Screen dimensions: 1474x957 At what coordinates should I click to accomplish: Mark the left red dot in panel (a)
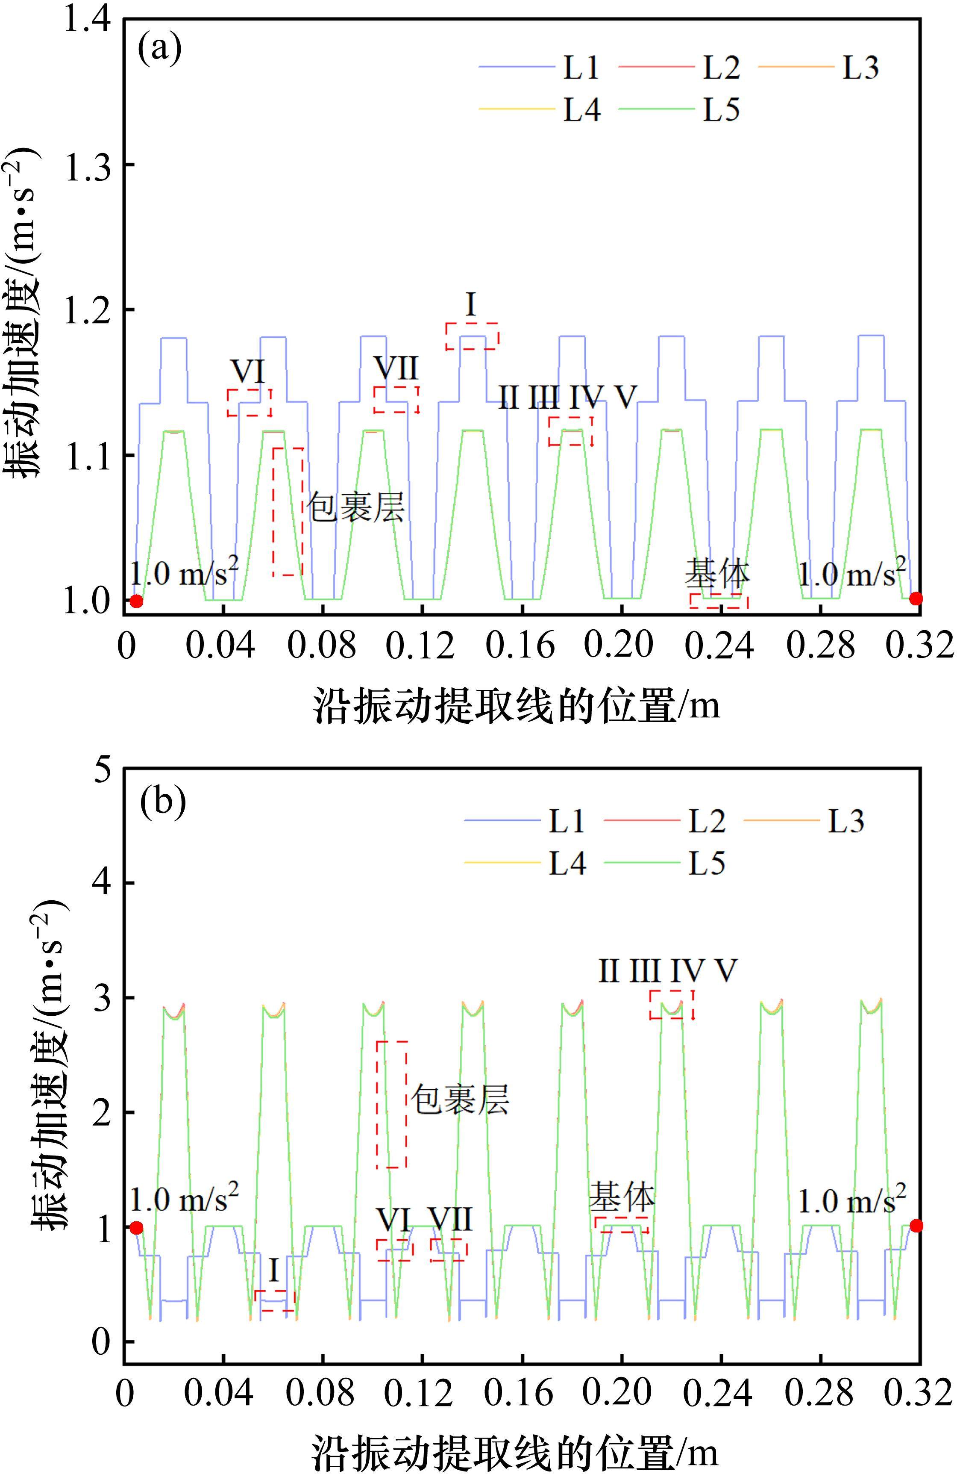(x=136, y=601)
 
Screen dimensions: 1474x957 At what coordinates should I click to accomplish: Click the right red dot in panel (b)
(x=916, y=1226)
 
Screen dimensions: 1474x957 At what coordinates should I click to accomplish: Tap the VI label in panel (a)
(x=248, y=371)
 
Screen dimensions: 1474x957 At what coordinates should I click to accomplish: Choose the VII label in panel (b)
(x=451, y=1220)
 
